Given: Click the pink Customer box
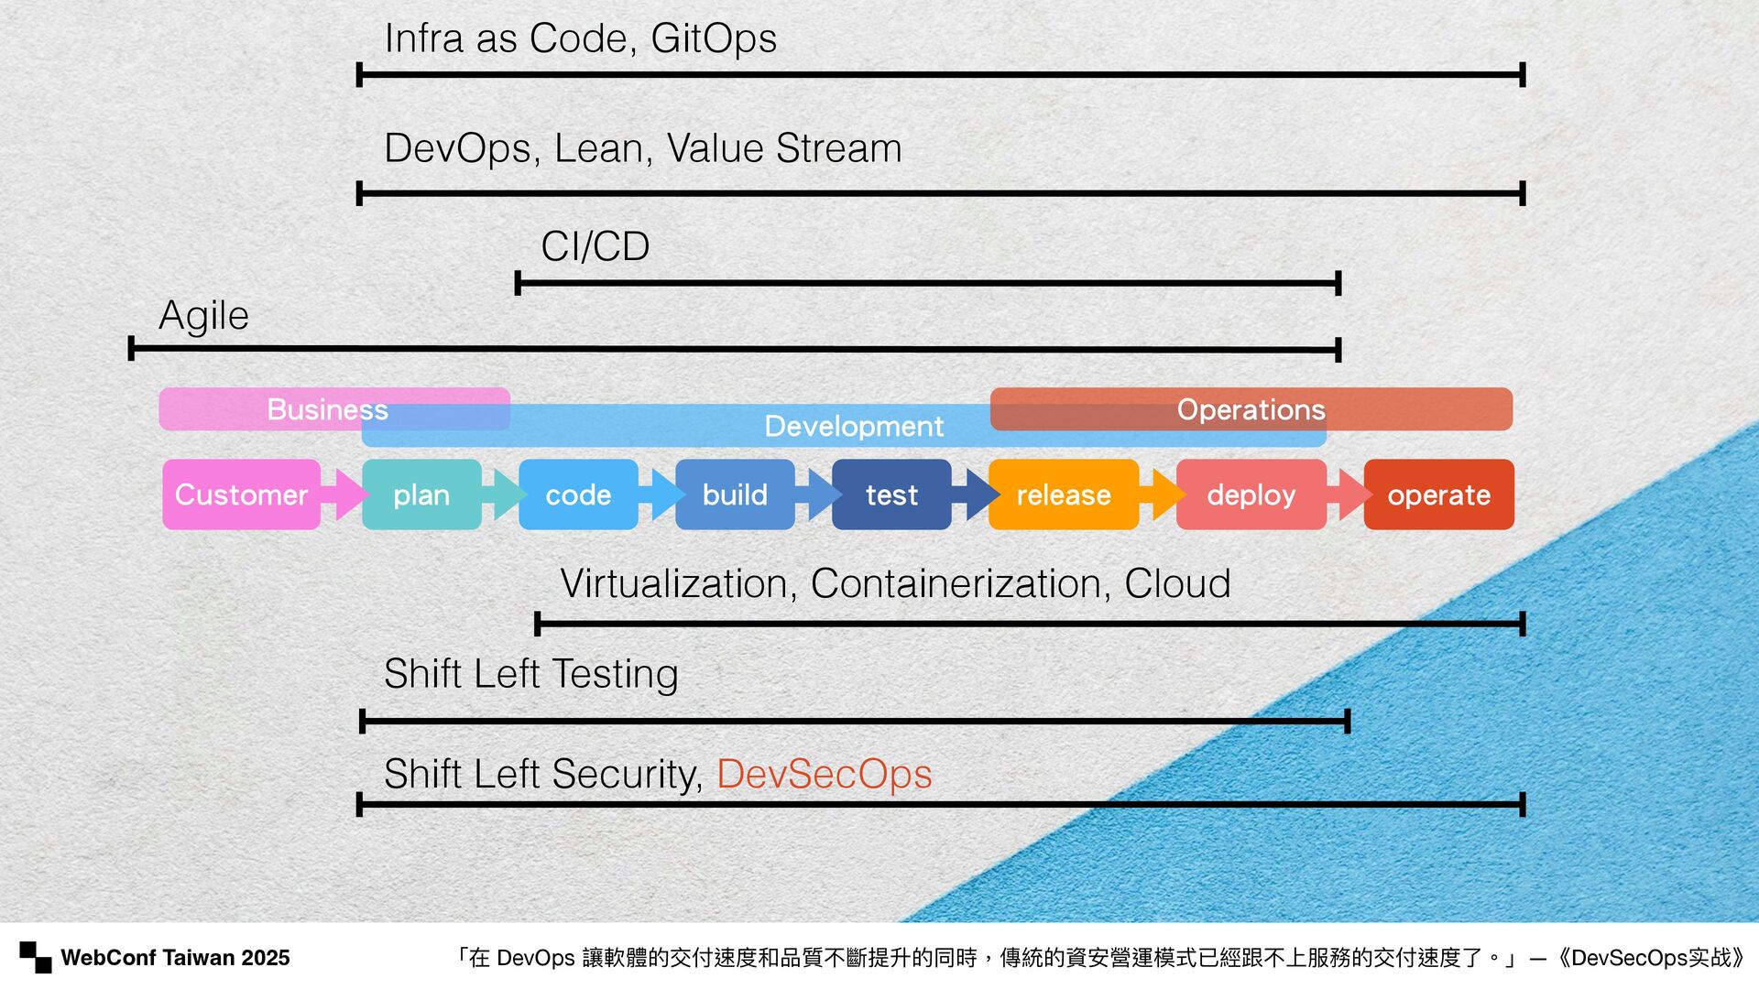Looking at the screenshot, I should pyautogui.click(x=241, y=494).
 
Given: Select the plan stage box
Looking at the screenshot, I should pyautogui.click(x=421, y=494).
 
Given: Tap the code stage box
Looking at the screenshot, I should pyautogui.click(x=578, y=494).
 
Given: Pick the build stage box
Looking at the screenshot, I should pyautogui.click(x=735, y=494).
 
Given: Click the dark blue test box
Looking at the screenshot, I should pyautogui.click(x=891, y=494).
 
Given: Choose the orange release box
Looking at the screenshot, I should pyautogui.click(x=1064, y=494).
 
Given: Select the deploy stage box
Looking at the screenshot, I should pyautogui.click(x=1251, y=494).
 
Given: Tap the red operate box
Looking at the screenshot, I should pyautogui.click(x=1438, y=494).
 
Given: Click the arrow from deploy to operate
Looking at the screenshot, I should pyautogui.click(x=1350, y=494).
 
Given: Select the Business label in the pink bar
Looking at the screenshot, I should pyautogui.click(x=327, y=409).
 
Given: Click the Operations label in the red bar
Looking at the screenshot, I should pyautogui.click(x=1251, y=409).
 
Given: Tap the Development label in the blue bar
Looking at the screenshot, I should pyautogui.click(x=854, y=426).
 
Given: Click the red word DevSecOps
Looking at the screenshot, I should pyautogui.click(x=824, y=774).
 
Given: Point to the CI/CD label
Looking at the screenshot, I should pyautogui.click(x=595, y=246).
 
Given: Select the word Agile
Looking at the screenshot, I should pyautogui.click(x=203, y=316).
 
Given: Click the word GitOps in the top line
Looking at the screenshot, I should pyautogui.click(x=714, y=38).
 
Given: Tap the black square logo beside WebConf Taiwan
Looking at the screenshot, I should pyautogui.click(x=36, y=957).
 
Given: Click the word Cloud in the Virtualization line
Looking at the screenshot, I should pyautogui.click(x=1177, y=583).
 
